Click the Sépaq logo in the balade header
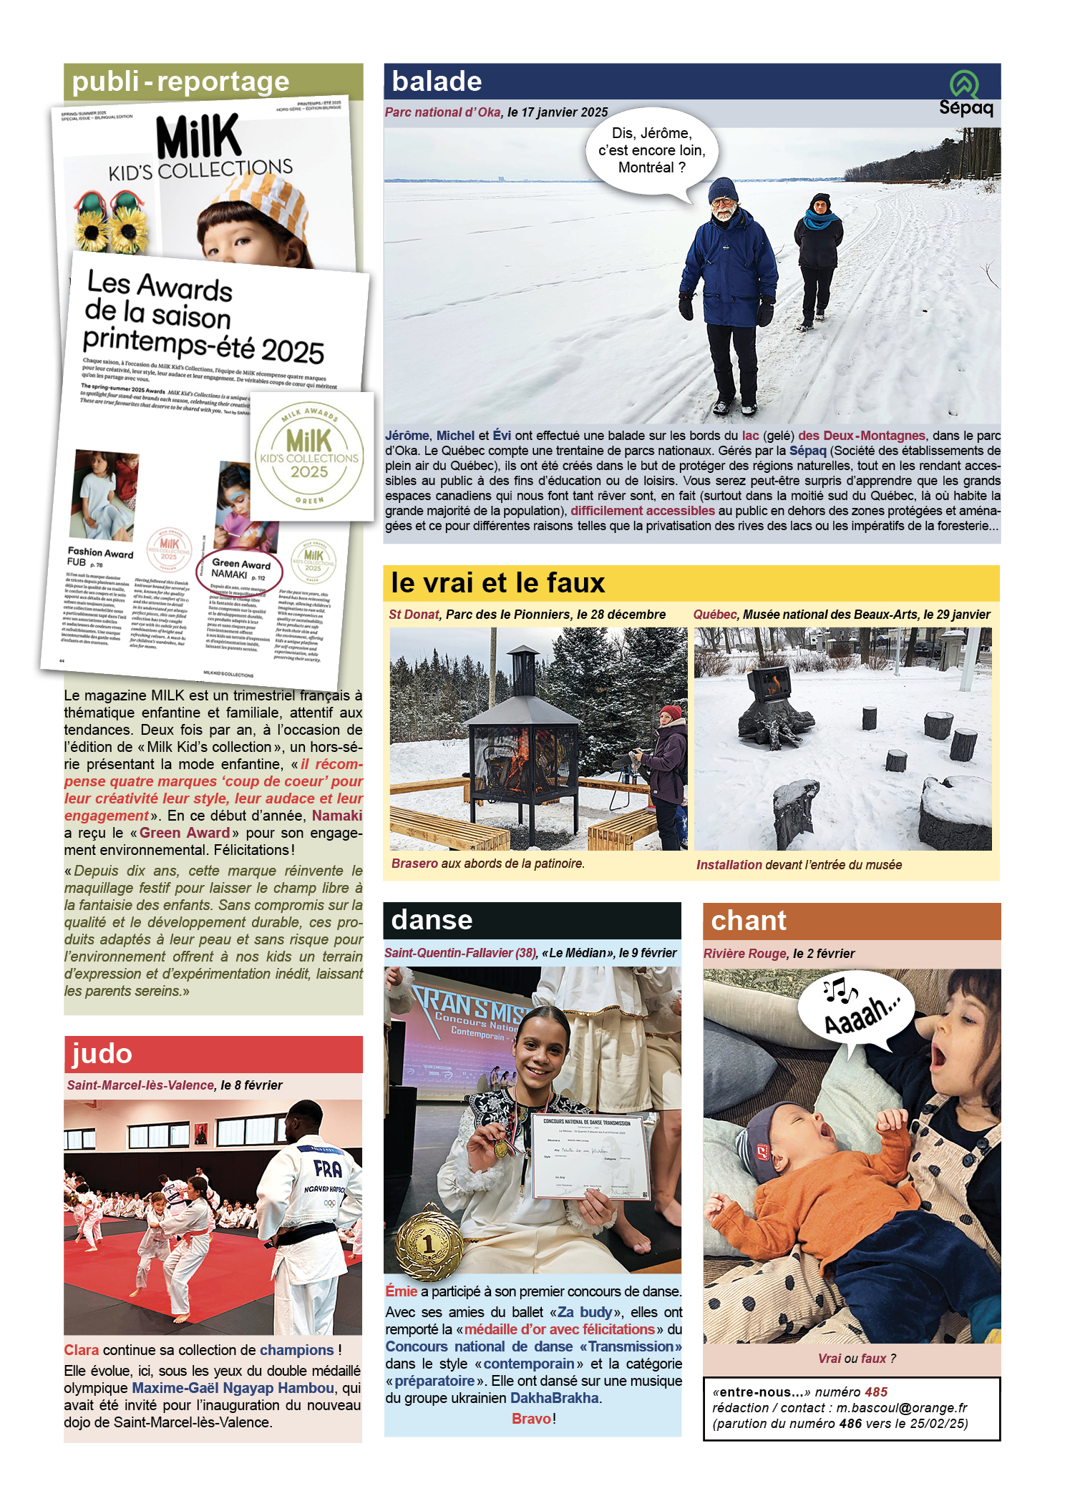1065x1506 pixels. pos(966,94)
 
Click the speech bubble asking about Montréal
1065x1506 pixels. pos(651,151)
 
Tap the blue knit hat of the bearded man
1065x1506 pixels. pos(723,189)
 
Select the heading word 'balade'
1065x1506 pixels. pos(437,82)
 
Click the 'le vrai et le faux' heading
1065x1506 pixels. pos(498,583)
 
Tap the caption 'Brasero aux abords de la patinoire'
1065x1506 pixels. pos(487,864)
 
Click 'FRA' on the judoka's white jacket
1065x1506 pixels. pos(328,1170)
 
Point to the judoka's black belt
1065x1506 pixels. pos(308,1233)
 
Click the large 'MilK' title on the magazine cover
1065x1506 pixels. pos(198,137)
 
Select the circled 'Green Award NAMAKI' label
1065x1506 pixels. pos(240,569)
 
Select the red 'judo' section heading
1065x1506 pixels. pos(102,1054)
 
